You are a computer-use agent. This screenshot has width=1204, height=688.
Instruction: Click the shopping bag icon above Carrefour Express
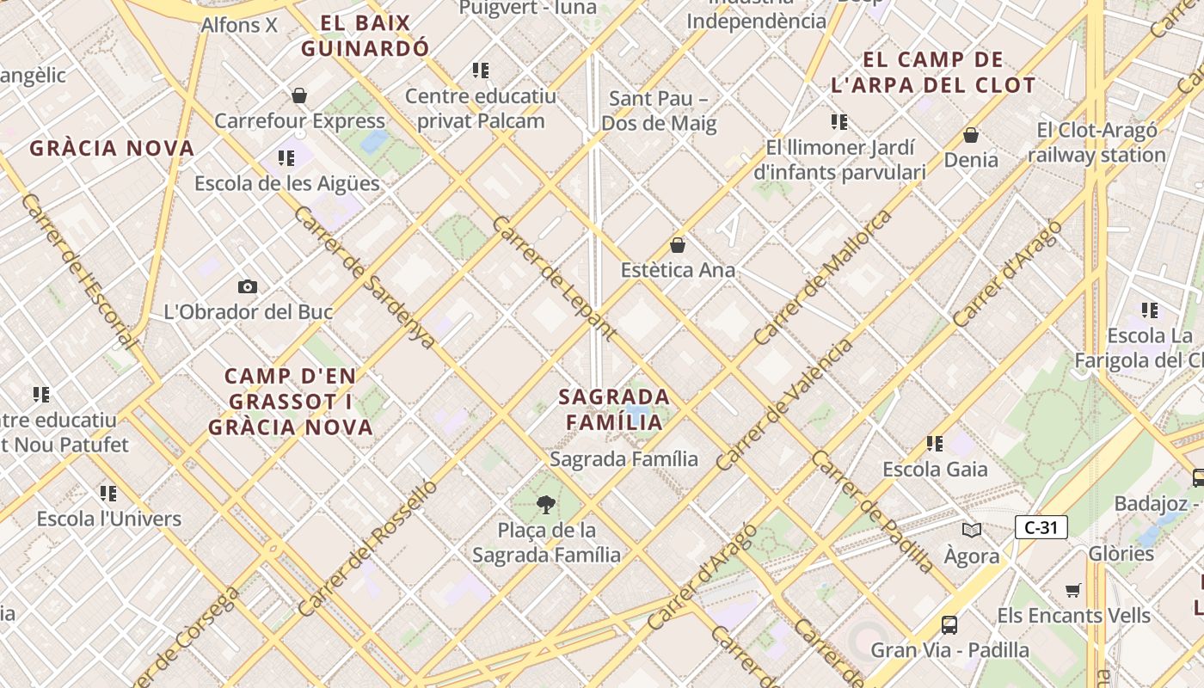pyautogui.click(x=299, y=95)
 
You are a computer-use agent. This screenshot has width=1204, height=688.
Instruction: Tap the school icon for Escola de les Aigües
pyautogui.click(x=286, y=158)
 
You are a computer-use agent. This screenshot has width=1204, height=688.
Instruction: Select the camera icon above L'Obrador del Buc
pyautogui.click(x=248, y=286)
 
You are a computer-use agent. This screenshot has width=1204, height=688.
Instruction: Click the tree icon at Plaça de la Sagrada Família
pyautogui.click(x=545, y=504)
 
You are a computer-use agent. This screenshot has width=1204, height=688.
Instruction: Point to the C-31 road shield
pyautogui.click(x=1041, y=527)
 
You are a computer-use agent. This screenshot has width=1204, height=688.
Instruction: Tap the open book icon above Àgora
pyautogui.click(x=972, y=531)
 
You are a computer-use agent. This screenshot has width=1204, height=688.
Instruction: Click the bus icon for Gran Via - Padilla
pyautogui.click(x=949, y=625)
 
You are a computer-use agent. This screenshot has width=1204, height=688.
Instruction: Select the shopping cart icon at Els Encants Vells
pyautogui.click(x=1072, y=590)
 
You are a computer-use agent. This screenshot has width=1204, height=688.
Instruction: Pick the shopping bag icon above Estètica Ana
pyautogui.click(x=678, y=245)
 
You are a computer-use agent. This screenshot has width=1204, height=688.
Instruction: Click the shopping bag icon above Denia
pyautogui.click(x=971, y=135)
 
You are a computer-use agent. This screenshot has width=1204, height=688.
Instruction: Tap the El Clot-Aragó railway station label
pyautogui.click(x=1096, y=143)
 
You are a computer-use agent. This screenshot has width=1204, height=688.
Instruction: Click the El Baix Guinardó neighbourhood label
pyautogui.click(x=365, y=35)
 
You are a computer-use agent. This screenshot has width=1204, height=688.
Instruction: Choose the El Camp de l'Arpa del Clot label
pyautogui.click(x=933, y=72)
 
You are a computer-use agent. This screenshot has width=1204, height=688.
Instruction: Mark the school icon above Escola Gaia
pyautogui.click(x=935, y=444)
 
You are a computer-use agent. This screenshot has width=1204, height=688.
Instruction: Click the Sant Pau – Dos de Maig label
pyautogui.click(x=659, y=111)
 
